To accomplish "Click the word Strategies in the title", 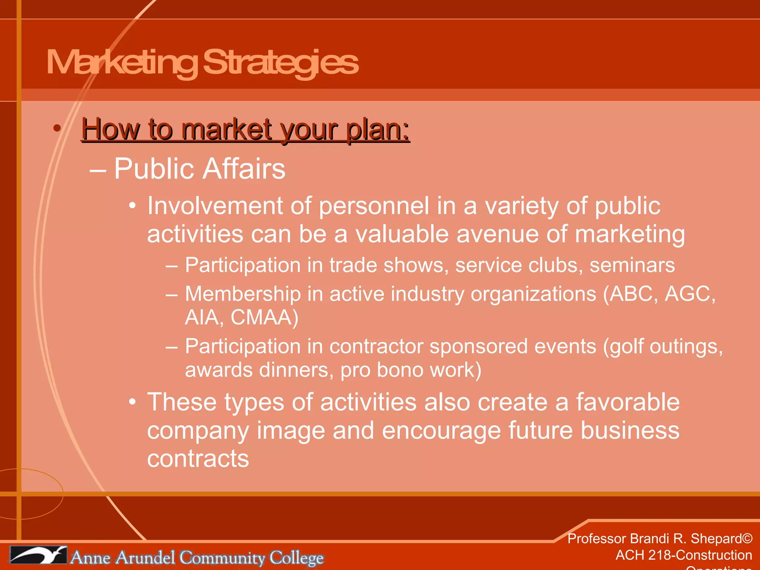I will point(281,62).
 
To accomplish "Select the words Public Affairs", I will point(200,169).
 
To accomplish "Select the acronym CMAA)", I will point(264,317).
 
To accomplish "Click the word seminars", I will point(632,265).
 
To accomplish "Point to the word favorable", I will point(628,402).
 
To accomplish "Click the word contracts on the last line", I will point(198,459).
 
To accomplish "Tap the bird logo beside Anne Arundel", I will point(38,555).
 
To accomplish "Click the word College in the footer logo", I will point(297,558).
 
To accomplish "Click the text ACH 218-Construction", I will point(684,555).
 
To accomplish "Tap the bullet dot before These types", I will point(132,402).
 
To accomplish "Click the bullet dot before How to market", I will point(57,128).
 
